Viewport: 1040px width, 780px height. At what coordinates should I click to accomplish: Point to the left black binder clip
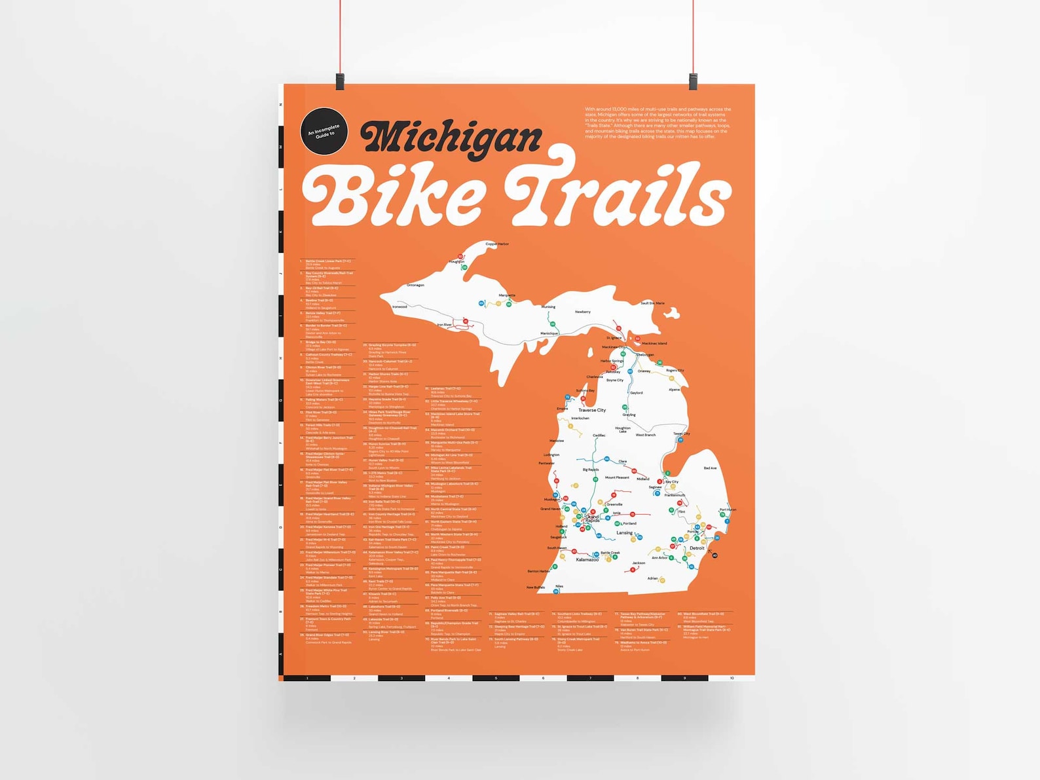coord(340,82)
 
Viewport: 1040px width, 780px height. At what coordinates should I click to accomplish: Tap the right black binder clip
coord(693,82)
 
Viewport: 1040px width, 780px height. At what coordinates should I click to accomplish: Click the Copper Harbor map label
coord(497,244)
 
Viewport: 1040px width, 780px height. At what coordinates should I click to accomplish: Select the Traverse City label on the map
coord(592,410)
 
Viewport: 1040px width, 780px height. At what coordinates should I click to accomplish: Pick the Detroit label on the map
coord(697,548)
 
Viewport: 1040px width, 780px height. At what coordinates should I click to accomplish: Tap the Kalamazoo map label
coord(587,560)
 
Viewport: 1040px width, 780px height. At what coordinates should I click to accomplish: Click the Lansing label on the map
coord(625,533)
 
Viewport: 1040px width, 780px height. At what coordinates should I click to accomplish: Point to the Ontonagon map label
coord(415,285)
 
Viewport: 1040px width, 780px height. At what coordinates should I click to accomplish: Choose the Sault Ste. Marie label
coord(652,303)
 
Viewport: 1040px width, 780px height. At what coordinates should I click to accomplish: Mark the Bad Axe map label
coord(710,468)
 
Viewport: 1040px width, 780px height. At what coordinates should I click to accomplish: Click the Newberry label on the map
coord(582,312)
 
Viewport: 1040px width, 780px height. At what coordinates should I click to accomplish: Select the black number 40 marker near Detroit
coord(715,555)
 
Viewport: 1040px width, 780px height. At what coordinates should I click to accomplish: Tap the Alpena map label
coord(674,390)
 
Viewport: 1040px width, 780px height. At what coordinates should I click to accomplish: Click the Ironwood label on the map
coord(399,306)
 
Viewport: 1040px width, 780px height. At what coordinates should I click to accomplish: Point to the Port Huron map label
coord(728,510)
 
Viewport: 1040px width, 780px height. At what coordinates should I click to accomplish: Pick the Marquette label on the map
coord(507,295)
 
